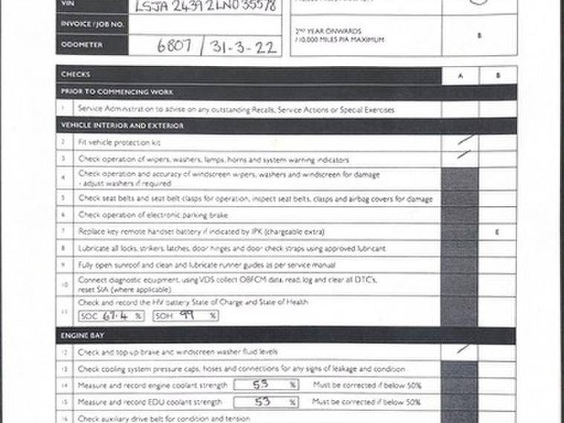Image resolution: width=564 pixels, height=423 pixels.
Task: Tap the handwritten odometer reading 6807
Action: coord(175,46)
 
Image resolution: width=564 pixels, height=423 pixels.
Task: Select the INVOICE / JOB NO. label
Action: coord(91,25)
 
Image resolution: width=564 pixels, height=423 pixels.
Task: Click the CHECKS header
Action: coord(75,75)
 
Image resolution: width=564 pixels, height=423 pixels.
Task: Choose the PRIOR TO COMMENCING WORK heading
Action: coord(117,92)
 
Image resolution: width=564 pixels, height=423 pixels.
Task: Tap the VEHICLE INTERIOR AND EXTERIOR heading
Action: coord(122,126)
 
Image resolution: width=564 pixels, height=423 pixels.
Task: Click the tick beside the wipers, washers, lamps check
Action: coord(464,155)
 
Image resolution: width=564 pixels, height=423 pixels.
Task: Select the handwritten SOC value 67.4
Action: coord(112,315)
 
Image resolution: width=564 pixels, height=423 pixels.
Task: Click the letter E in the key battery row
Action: coord(497,233)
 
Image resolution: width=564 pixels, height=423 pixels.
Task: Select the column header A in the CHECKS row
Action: coord(460,76)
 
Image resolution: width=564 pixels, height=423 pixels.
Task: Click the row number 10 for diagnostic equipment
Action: coord(65,284)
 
